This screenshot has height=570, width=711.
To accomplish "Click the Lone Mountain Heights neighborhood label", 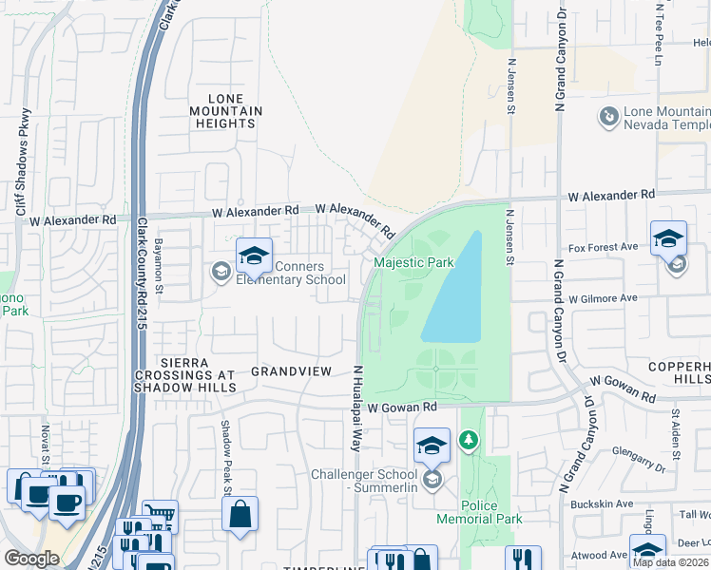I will coord(226,111).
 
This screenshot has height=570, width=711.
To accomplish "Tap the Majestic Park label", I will coord(413,263).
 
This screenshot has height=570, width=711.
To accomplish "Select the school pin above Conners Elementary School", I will coord(254,255).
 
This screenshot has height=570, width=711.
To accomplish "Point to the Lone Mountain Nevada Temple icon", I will coord(607,118).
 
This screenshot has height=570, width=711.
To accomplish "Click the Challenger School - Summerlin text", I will coord(365,481).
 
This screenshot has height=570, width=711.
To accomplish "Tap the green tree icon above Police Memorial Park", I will coord(468,440).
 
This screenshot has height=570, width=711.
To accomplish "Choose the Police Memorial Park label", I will coord(479,512).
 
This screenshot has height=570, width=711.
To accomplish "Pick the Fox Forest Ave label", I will coord(603,248).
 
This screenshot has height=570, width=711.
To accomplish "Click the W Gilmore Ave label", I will coord(603,297).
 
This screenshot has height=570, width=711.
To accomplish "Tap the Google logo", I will coord(31,558).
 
